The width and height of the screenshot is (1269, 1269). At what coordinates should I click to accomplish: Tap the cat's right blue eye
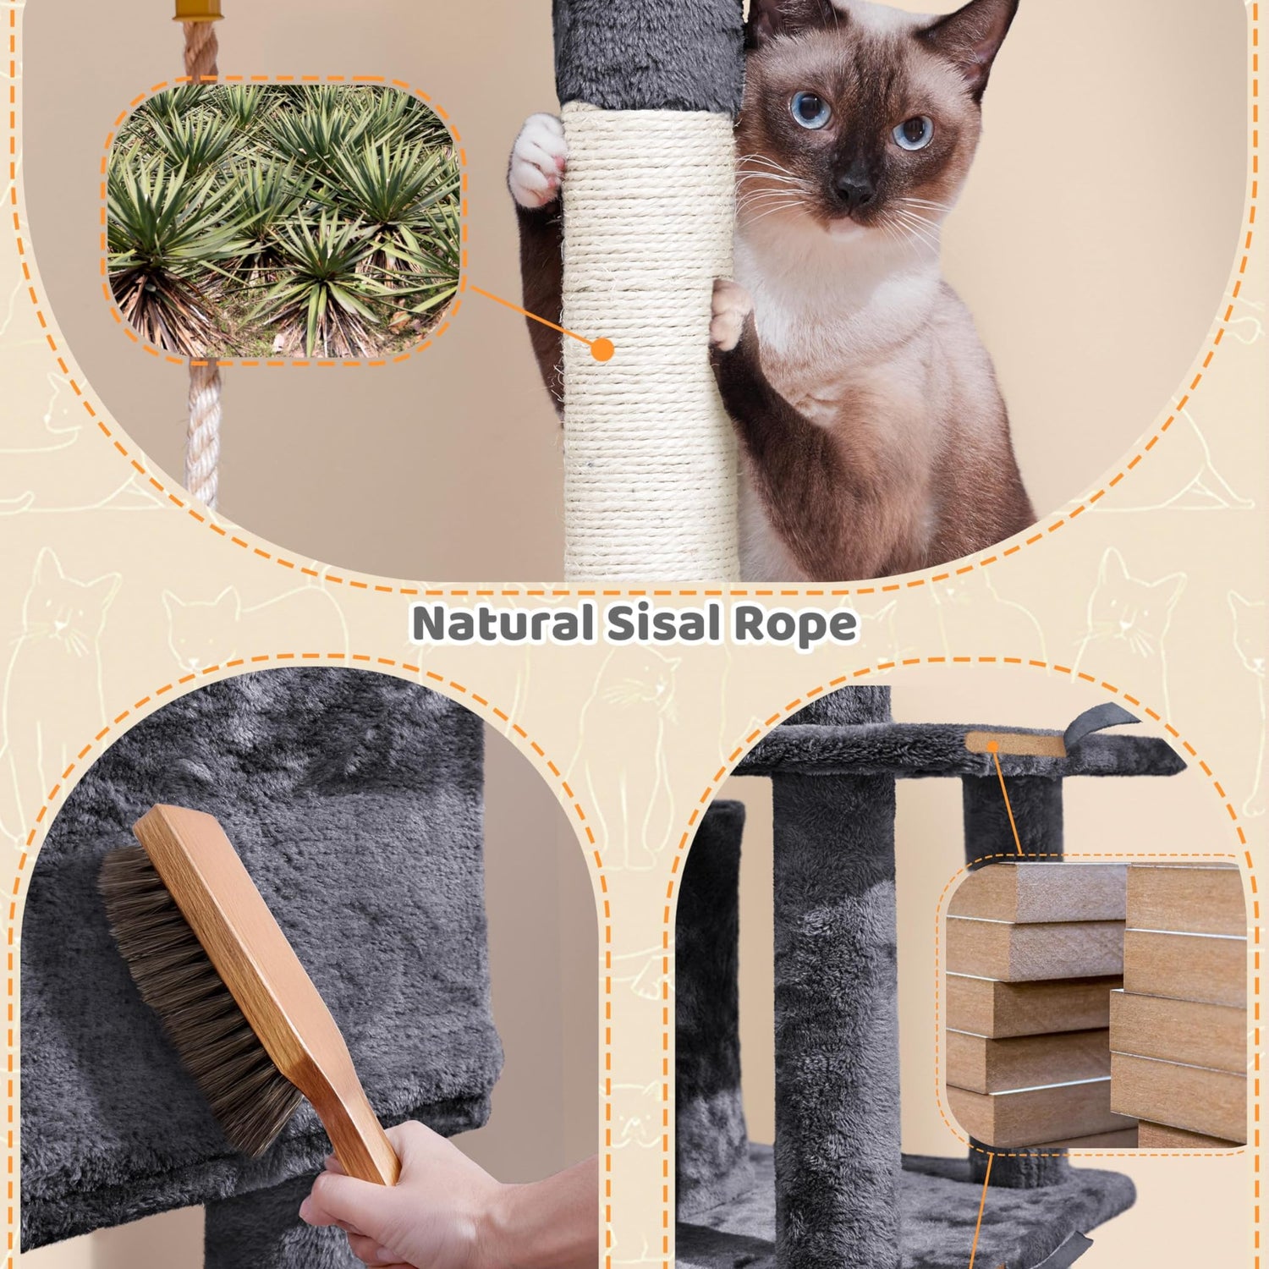914,131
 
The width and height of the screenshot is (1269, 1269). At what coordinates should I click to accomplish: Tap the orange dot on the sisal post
602,349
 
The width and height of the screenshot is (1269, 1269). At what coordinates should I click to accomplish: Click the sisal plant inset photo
284,222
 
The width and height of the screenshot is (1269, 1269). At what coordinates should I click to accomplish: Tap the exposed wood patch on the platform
1015,744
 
